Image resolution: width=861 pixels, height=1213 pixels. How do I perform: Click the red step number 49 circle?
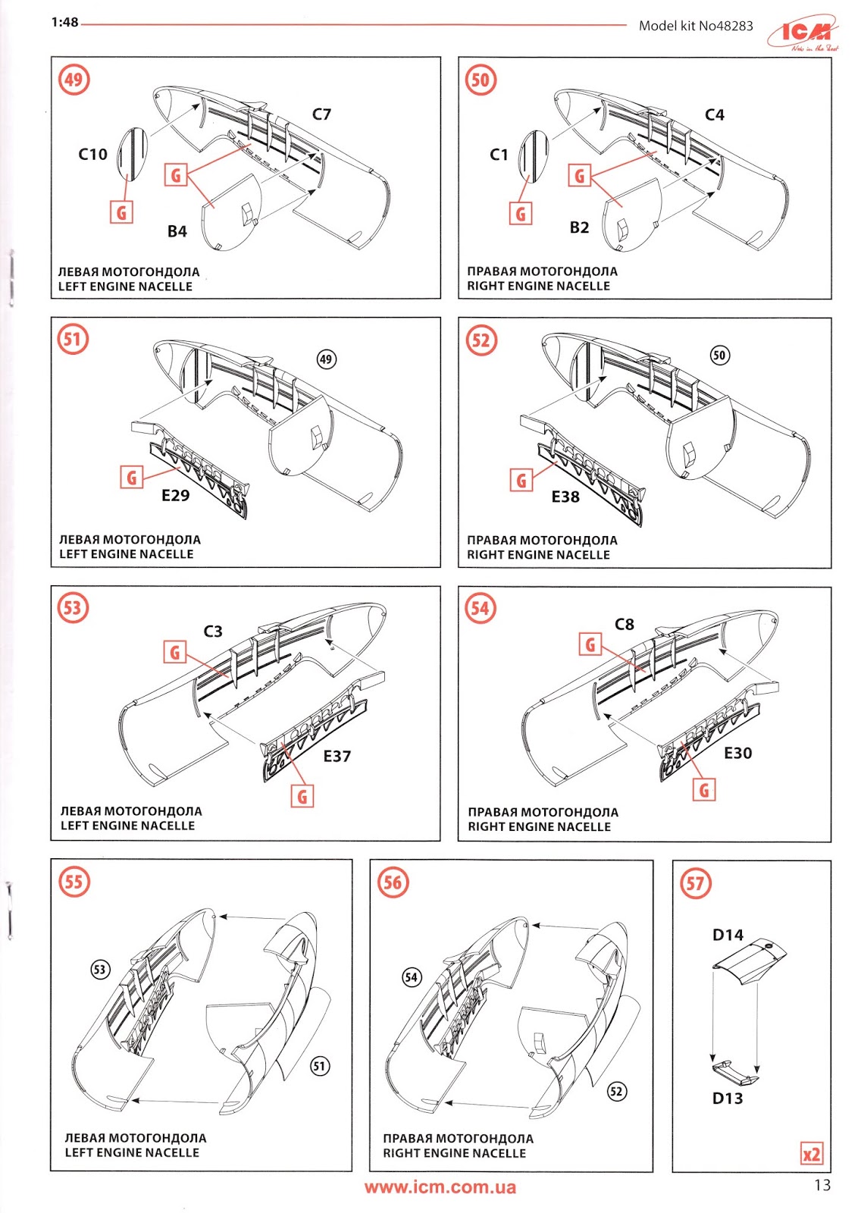point(74,80)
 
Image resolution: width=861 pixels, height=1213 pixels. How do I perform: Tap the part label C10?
point(93,154)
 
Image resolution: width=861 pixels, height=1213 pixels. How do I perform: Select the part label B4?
point(177,231)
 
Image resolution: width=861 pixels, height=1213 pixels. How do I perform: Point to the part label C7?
point(321,114)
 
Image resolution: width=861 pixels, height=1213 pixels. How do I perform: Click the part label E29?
point(175,495)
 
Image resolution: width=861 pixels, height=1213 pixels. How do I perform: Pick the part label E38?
point(565,497)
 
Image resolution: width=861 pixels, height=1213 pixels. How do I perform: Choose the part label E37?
point(337,756)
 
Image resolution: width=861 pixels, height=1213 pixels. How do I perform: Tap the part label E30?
point(737,753)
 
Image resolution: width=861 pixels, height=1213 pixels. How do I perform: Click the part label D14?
point(728,935)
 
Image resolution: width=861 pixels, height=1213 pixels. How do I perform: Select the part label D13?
point(728,1098)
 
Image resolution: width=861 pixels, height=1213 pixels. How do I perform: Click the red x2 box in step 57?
point(811,1154)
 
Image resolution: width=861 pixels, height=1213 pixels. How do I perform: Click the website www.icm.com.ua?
point(440,1187)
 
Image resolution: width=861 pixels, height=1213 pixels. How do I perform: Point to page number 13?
point(822,1185)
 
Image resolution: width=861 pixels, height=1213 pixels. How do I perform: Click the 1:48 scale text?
point(65,23)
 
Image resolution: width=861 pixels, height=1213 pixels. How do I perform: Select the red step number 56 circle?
point(393,882)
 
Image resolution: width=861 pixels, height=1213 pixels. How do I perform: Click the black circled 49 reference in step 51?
point(326,359)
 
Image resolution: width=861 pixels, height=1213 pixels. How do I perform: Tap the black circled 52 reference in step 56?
point(617,1091)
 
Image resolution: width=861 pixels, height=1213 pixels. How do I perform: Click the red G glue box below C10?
point(121,212)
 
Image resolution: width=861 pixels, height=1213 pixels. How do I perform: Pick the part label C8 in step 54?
point(624,624)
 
